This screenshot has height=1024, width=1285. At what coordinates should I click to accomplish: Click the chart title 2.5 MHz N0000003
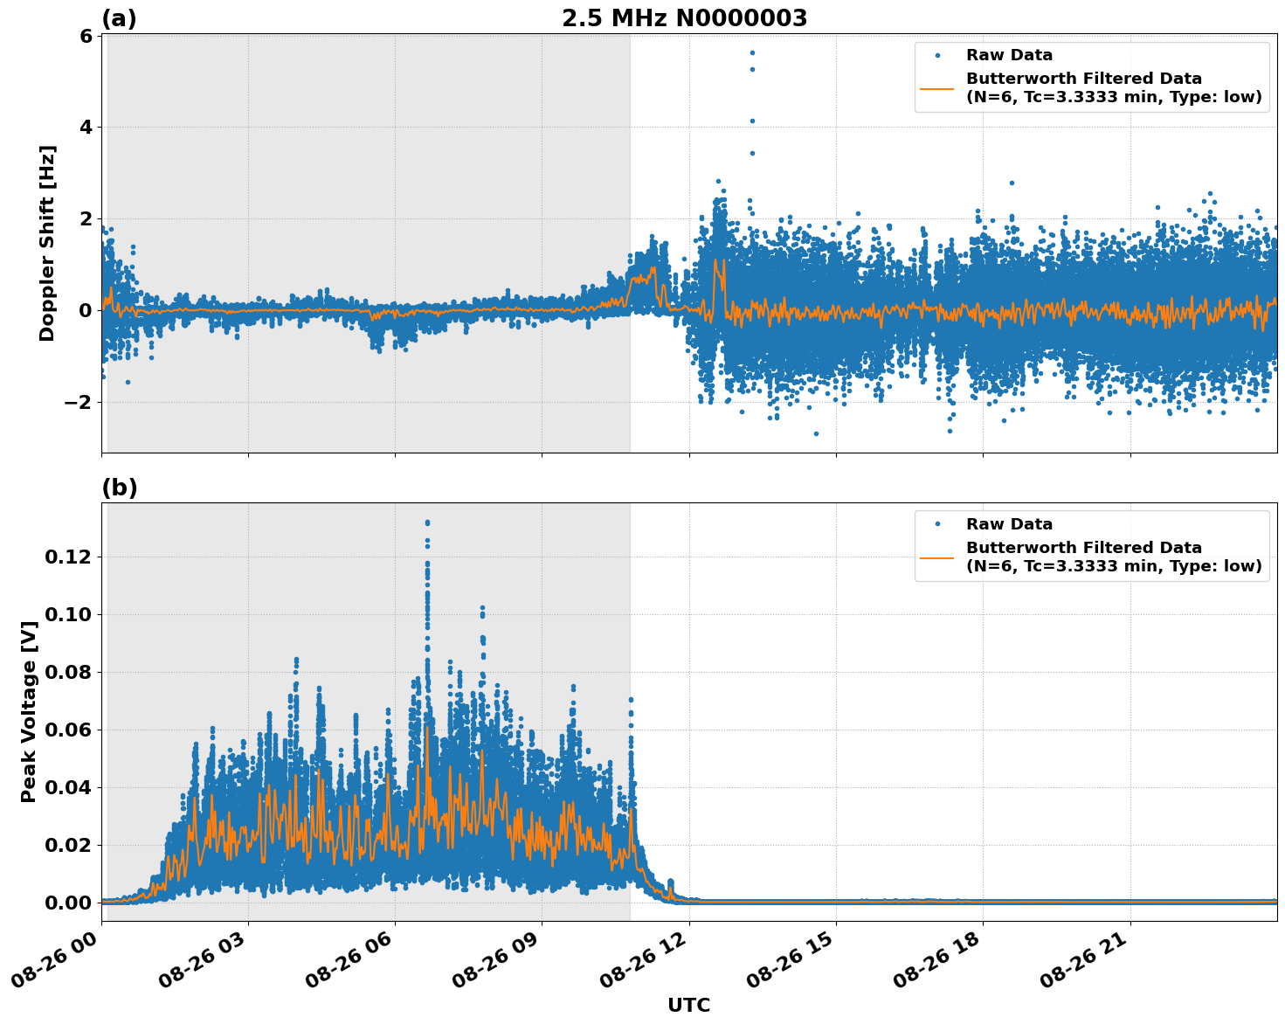(684, 18)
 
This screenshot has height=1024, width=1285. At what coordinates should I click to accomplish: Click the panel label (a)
(119, 18)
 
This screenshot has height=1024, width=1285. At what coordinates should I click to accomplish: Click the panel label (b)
(119, 488)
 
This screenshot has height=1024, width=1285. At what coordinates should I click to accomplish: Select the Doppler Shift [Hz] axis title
(47, 243)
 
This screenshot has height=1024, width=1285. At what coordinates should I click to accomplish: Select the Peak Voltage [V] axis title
(29, 711)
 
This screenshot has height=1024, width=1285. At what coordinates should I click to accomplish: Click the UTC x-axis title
(688, 1005)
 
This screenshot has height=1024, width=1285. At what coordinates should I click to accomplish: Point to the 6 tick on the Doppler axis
(86, 36)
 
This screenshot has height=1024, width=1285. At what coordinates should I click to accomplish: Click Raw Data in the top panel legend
(1009, 55)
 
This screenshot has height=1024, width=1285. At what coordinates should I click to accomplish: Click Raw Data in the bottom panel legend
(1009, 524)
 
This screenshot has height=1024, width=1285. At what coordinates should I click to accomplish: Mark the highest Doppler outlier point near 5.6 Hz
(751, 52)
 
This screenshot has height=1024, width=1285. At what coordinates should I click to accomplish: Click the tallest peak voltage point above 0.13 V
(427, 522)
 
